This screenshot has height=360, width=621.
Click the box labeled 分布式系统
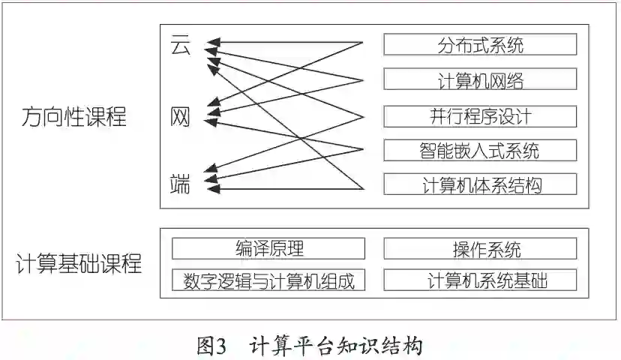(480, 44)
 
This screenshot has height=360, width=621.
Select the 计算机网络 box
(480, 79)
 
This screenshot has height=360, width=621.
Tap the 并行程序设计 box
(480, 115)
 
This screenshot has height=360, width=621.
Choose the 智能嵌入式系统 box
(480, 150)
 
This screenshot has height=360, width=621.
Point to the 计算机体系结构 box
(480, 184)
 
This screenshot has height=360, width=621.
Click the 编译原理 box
(268, 248)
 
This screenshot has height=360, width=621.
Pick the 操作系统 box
(480, 248)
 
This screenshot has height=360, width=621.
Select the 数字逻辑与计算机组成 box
(268, 280)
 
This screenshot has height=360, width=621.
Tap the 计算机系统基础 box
(480, 280)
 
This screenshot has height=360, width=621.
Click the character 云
(181, 46)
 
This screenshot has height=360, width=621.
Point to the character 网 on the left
(181, 116)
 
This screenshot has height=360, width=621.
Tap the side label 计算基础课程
(79, 264)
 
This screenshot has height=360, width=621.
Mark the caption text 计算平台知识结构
(337, 346)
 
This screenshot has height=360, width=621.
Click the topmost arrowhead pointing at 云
(211, 42)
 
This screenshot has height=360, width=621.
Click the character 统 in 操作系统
(512, 248)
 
